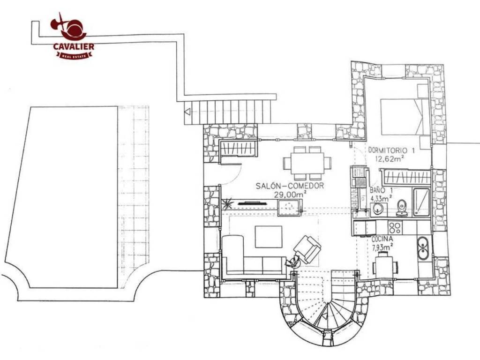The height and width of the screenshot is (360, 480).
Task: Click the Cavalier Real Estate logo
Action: pyautogui.click(x=72, y=36)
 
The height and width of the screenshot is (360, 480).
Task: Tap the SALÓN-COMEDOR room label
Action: pyautogui.click(x=290, y=186)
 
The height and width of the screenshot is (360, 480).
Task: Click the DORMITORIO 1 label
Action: pyautogui.click(x=391, y=150)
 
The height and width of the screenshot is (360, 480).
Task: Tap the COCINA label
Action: pyautogui.click(x=382, y=240)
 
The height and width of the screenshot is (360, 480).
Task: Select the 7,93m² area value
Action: pyautogui.click(x=382, y=247)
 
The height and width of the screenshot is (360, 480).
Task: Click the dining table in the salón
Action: pyautogui.click(x=307, y=163)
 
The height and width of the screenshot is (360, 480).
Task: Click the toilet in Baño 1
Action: pyautogui.click(x=402, y=208)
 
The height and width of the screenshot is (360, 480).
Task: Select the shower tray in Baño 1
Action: pyautogui.click(x=421, y=202)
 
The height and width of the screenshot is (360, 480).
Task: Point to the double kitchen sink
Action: pyautogui.click(x=423, y=248)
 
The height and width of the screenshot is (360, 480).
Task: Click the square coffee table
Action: pyautogui.click(x=269, y=237)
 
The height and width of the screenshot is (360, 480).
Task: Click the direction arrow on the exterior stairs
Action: pyautogui.click(x=187, y=112)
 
